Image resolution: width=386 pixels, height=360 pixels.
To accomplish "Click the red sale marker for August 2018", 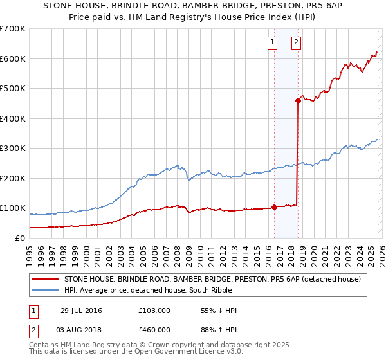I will (x=298, y=100).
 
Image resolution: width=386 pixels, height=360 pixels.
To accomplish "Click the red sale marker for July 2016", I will (x=275, y=207).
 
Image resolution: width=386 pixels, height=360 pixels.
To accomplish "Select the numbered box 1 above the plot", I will (x=272, y=43).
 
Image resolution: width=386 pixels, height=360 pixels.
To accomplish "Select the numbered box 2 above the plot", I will (x=296, y=43).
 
